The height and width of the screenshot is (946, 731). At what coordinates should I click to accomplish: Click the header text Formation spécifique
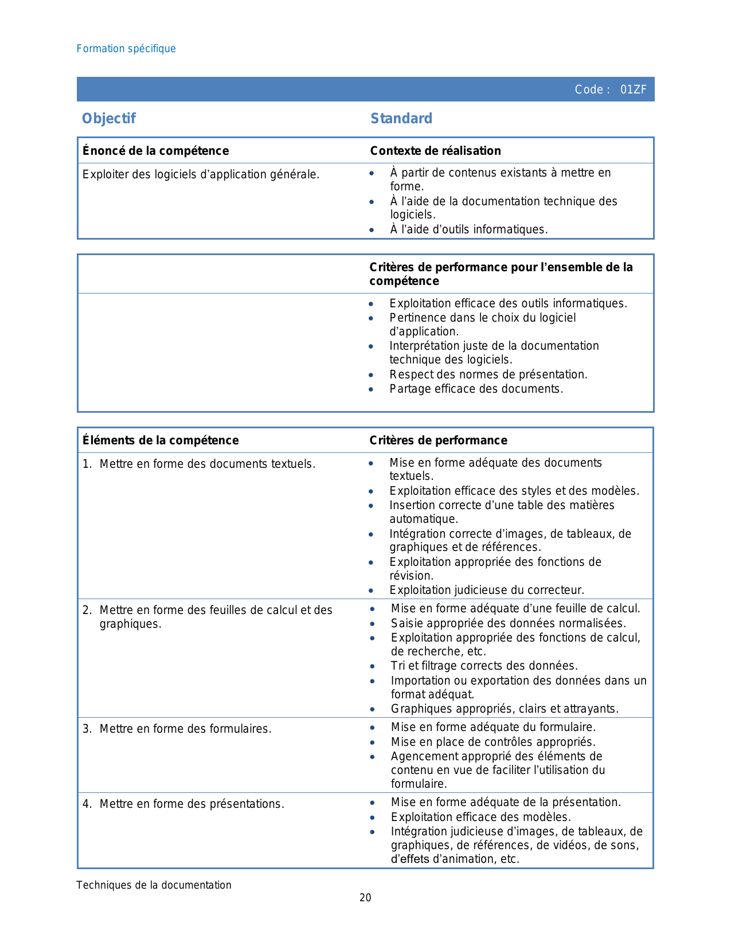[x=126, y=49]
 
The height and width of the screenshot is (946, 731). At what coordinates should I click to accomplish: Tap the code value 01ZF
[x=633, y=89]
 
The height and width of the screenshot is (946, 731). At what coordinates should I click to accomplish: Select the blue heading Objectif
[x=109, y=119]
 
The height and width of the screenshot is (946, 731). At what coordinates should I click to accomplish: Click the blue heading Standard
[x=401, y=119]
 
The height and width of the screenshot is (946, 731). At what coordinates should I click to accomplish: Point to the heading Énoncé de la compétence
[x=155, y=151]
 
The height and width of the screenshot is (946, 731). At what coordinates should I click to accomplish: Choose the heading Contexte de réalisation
[x=435, y=151]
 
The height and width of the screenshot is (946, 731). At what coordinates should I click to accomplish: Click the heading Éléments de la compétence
[x=161, y=440]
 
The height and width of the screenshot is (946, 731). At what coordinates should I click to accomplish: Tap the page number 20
[x=365, y=898]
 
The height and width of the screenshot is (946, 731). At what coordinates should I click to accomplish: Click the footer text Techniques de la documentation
[x=154, y=885]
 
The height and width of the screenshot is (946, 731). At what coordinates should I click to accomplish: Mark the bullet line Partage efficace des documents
[x=476, y=389]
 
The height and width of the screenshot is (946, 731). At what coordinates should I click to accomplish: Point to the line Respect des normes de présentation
[x=488, y=374]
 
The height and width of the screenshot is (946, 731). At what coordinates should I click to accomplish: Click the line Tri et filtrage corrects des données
[x=484, y=666]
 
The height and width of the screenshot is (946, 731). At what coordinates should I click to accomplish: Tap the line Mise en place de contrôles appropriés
[x=493, y=742]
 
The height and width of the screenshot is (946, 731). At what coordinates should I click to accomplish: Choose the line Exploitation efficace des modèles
[x=480, y=817]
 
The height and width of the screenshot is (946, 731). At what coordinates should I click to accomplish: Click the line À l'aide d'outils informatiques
[x=468, y=229]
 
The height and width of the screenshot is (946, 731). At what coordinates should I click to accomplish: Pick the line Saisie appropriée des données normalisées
[x=508, y=623]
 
